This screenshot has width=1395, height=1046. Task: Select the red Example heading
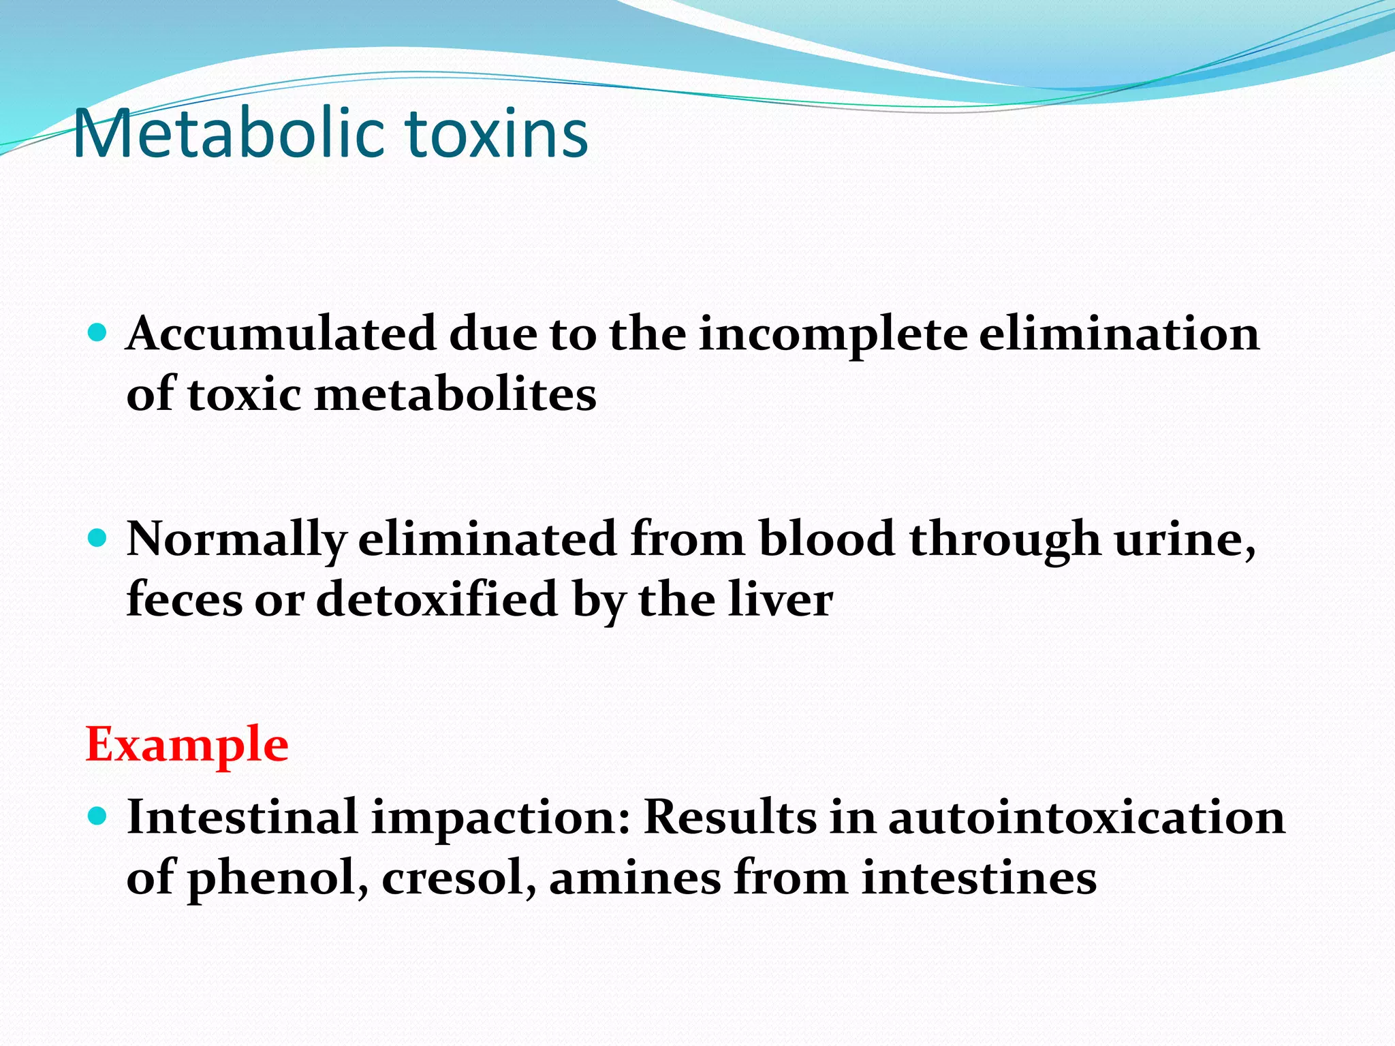point(187,744)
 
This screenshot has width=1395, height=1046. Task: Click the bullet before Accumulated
point(98,332)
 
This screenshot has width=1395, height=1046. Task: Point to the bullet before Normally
point(98,539)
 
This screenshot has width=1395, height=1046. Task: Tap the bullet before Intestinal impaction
point(98,815)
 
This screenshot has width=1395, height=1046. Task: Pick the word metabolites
point(455,395)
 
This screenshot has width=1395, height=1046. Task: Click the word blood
point(826,539)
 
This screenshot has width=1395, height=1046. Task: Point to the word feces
point(184,600)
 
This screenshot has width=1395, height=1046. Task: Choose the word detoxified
point(437,600)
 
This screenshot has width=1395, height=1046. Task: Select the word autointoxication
point(1086,817)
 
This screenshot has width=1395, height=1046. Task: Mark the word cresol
point(455,878)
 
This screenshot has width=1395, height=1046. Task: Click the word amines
point(634,878)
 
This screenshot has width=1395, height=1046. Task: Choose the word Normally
point(236,540)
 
